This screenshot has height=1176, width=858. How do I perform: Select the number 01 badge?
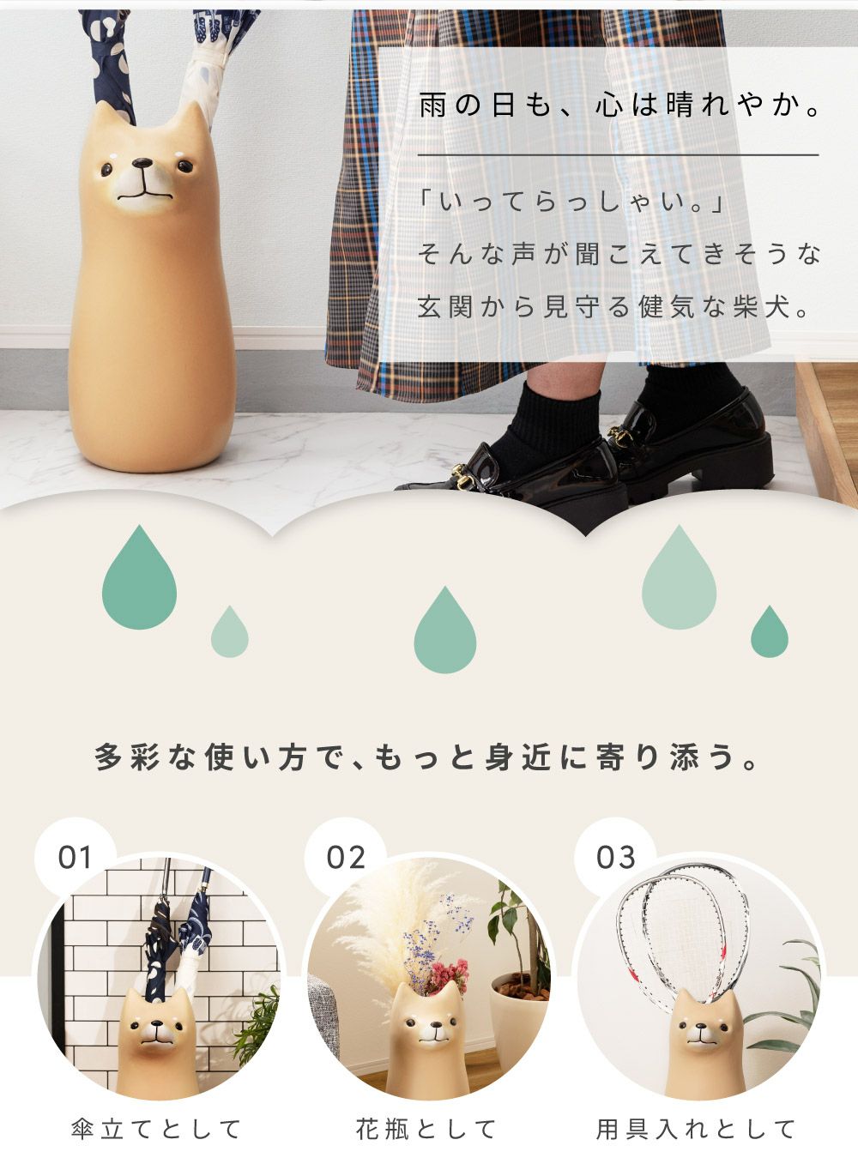75,858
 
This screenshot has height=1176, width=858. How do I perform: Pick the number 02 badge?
345,858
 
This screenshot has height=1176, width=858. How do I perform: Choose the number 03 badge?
615,858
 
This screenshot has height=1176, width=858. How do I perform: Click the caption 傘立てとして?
156,1130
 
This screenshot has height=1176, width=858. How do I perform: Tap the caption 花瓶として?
426,1130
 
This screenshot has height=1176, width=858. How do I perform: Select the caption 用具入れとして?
695,1130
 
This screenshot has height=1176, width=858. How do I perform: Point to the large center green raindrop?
444,630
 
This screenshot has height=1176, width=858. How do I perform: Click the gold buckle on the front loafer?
461,476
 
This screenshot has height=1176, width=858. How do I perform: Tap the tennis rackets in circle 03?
683,941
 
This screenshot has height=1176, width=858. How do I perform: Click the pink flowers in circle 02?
448,976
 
